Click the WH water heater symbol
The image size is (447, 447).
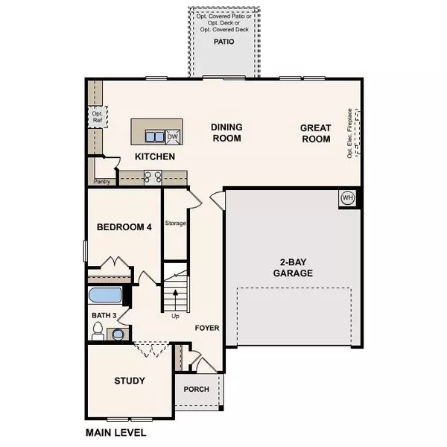coord(348,198)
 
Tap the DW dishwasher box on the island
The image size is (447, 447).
coord(172,136)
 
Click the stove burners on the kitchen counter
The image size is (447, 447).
coord(153,177)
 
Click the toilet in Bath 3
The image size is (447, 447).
coord(97,332)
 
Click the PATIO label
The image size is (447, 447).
coord(223,42)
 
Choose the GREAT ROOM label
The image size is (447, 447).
coord(315,134)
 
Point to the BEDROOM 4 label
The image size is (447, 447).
coord(124,228)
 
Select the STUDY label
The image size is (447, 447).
coord(129,381)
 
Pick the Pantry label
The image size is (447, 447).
coord(102,181)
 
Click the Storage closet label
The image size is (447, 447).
coord(175,223)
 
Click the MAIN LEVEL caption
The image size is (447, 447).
coord(115,432)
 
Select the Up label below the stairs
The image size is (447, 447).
coord(176,316)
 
